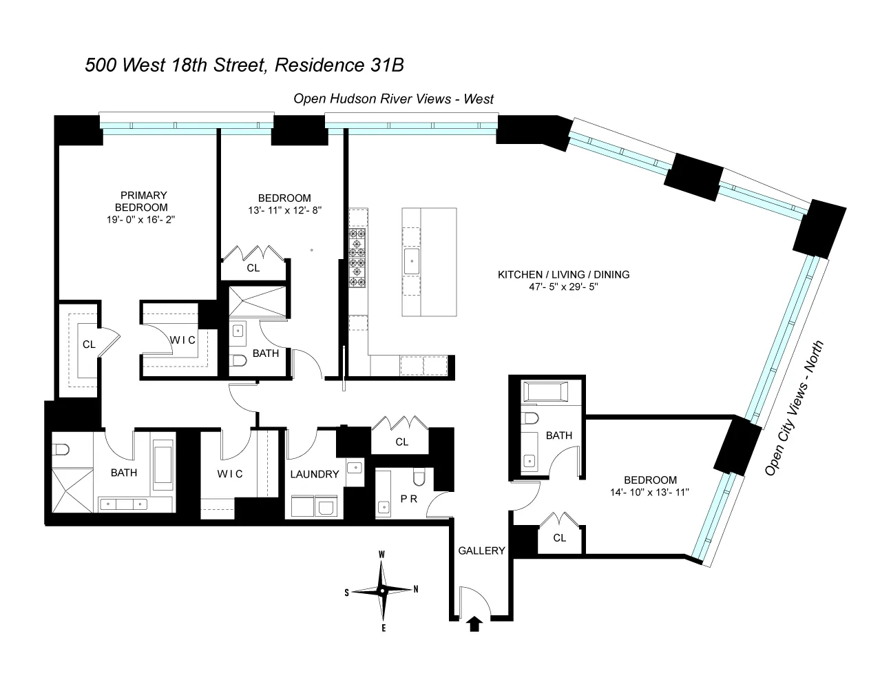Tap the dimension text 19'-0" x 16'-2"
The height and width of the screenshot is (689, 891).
coord(141,219)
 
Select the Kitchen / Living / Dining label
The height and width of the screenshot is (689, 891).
coord(563,274)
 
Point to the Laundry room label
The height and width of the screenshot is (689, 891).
coord(314,474)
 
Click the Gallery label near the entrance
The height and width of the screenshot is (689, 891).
coord(482,551)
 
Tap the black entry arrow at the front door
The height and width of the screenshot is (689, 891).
coord(474,624)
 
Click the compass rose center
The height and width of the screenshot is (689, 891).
coord(382,590)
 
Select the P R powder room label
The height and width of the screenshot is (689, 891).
coord(408,498)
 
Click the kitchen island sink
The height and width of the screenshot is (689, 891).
coord(411,260)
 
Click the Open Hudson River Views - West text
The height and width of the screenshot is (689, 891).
coord(394,99)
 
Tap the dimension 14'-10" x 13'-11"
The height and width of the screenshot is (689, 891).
coord(650,493)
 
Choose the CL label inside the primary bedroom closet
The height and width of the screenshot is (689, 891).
coord(89,344)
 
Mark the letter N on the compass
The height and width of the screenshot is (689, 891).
coord(415,589)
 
